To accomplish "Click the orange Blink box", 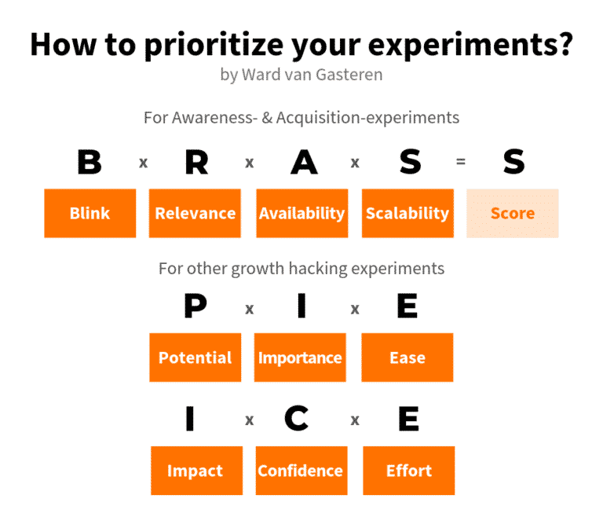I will pos(90,213).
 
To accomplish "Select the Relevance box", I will pos(195,213).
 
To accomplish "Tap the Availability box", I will pos(301,213).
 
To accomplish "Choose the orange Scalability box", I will pos(407,213).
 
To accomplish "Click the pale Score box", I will pos(513,213).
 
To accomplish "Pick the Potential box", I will pos(195,357).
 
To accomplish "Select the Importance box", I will pos(300,357).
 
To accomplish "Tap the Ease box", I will pos(407,357).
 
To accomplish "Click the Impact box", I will pos(195,471).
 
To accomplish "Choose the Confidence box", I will pos(301,471).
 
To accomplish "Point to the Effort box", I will pos(408,471).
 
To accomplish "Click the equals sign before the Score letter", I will pos(461,162).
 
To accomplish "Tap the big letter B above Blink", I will pos(90,163).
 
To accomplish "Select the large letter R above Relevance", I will pos(196,163).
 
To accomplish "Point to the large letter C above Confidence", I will pos(296,420).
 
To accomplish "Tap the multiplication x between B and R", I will pos(143,163).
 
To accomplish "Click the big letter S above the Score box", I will pos(513,163).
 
